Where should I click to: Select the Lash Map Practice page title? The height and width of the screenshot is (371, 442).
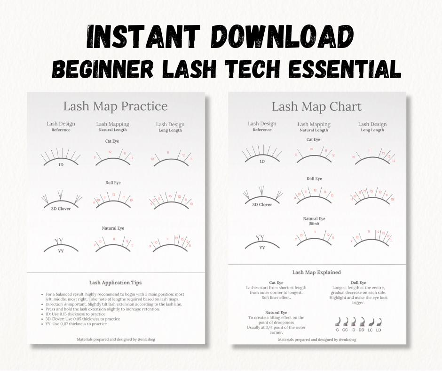[x=115, y=105]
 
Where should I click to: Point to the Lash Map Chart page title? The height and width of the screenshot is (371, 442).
[x=316, y=106]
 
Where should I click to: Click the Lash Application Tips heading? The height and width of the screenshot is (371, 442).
[x=115, y=282]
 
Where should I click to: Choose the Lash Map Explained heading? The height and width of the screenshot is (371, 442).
[x=316, y=272]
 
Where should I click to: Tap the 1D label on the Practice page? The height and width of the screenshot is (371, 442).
[x=61, y=165]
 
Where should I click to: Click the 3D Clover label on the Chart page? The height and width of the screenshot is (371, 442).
[x=262, y=204]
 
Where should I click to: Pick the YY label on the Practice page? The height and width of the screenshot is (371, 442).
[x=61, y=251]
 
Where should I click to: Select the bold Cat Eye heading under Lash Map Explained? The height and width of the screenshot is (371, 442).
[x=276, y=282]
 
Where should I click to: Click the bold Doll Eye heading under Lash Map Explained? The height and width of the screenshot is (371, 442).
[x=359, y=282]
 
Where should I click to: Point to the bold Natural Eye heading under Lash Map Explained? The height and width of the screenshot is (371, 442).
[x=276, y=312]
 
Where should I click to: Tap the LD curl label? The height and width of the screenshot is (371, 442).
[x=379, y=330]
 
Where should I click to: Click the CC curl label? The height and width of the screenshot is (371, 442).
[x=345, y=330]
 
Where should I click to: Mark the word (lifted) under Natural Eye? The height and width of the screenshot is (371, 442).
[x=314, y=224]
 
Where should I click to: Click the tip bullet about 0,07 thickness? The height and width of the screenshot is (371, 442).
[x=76, y=324]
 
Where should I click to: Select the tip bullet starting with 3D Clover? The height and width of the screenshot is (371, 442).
[x=82, y=319]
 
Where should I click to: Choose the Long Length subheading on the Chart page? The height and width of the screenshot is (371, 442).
[x=372, y=130]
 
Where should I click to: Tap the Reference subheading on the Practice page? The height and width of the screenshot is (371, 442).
[x=61, y=130]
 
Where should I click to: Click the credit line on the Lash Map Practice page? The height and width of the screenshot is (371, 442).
[x=115, y=339]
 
